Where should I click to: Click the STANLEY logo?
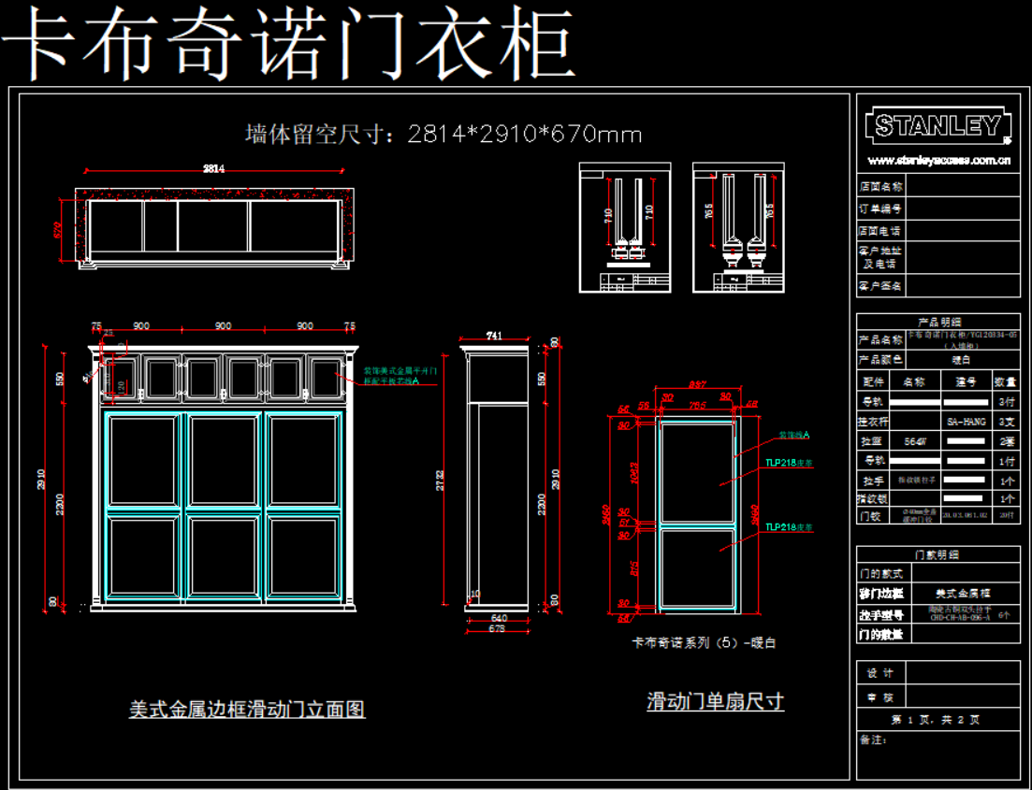[x=938, y=125]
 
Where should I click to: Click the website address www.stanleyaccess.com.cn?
[x=938, y=159]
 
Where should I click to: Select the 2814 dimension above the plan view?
[x=214, y=169]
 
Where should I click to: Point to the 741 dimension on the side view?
[x=495, y=336]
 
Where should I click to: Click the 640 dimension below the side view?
[x=499, y=617]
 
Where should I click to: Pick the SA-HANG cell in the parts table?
[x=966, y=422]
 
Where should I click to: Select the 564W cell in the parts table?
[x=914, y=441]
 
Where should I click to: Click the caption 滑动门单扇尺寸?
[x=715, y=701]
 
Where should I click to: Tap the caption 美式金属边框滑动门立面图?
[x=247, y=710]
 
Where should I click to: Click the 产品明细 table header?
[x=938, y=322]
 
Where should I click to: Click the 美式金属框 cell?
[x=963, y=593]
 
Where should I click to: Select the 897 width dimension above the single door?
[x=696, y=385]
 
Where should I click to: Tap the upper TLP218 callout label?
[x=789, y=463]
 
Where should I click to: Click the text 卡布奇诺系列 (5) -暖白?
[x=705, y=643]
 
